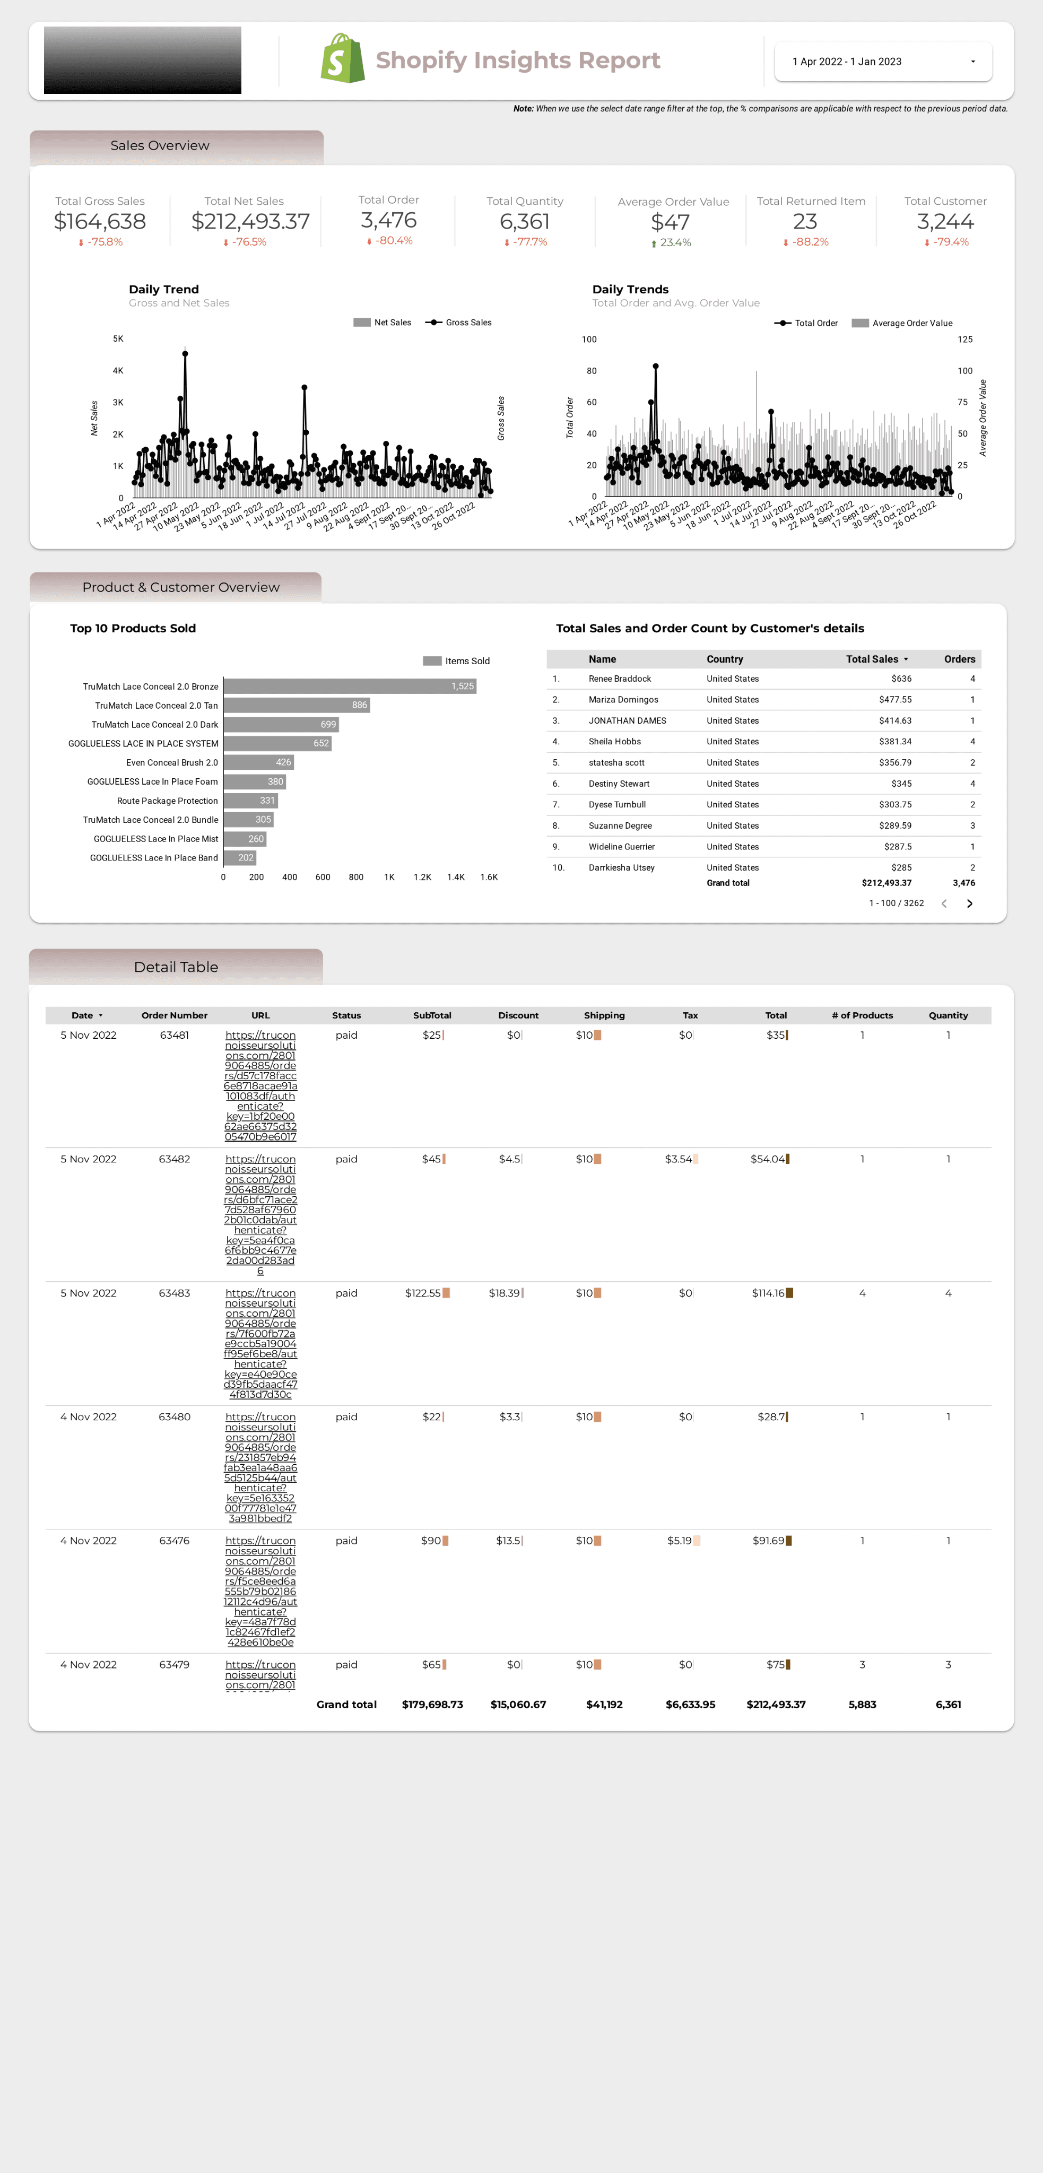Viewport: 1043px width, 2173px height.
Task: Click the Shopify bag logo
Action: click(x=343, y=59)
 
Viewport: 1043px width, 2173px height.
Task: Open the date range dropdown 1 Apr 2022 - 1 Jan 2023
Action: click(x=883, y=62)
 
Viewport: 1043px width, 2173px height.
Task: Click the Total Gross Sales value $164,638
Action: click(x=100, y=222)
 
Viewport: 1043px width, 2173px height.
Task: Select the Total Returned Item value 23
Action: click(x=804, y=222)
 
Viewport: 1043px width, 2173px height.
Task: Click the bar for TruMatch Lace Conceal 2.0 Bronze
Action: click(x=350, y=686)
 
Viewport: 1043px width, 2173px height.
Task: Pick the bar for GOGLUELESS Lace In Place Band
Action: click(x=240, y=858)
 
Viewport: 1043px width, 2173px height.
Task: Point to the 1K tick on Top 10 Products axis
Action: click(x=389, y=877)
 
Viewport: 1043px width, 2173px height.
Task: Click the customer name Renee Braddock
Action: click(x=620, y=679)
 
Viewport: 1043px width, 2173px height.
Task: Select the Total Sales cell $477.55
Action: click(x=894, y=700)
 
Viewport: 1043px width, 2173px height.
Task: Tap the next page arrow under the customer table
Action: click(x=970, y=903)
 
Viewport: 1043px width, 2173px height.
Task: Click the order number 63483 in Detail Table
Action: click(x=174, y=1293)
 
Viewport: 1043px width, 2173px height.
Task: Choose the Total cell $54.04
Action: click(x=768, y=1160)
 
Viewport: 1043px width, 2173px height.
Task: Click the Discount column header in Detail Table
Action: click(x=518, y=1015)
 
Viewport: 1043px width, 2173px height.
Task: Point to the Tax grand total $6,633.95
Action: click(x=690, y=1705)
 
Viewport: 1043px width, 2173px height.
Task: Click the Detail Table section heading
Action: click(x=176, y=968)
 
